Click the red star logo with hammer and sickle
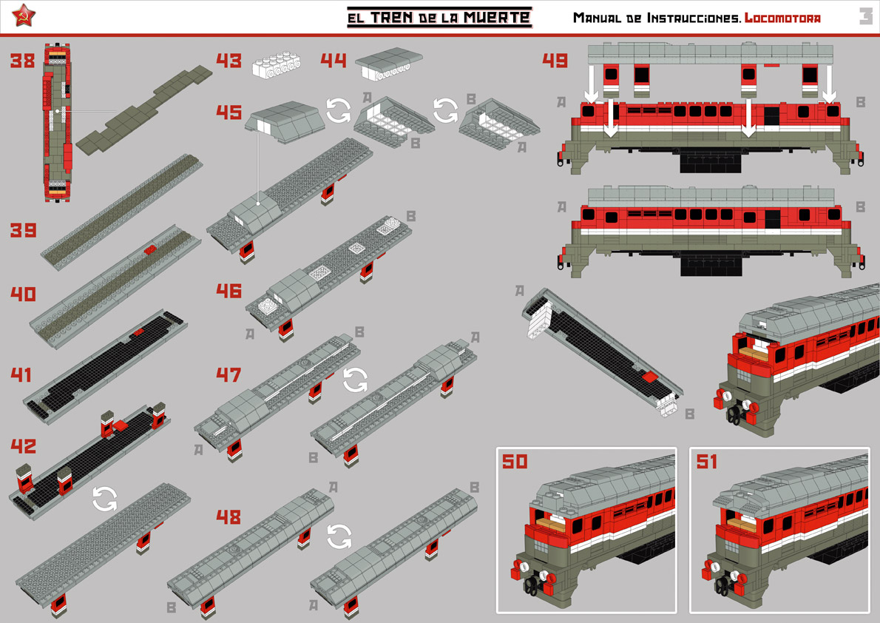pyautogui.click(x=24, y=15)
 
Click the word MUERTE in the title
pyautogui.click(x=497, y=17)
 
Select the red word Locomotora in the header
pyautogui.click(x=782, y=18)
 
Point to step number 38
pyautogui.click(x=22, y=60)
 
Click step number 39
pyautogui.click(x=23, y=230)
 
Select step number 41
pyautogui.click(x=21, y=374)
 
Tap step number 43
pyautogui.click(x=229, y=60)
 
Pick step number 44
pyautogui.click(x=334, y=60)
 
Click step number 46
pyautogui.click(x=229, y=291)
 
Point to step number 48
pyautogui.click(x=229, y=517)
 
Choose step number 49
pyautogui.click(x=555, y=60)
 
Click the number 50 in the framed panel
pyautogui.click(x=515, y=461)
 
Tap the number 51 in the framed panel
pyautogui.click(x=706, y=461)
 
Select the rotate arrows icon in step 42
pyautogui.click(x=105, y=499)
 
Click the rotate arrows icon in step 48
pyautogui.click(x=339, y=536)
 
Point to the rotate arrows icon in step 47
pyautogui.click(x=355, y=380)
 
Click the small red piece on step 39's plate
pyautogui.click(x=149, y=250)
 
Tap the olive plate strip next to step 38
pyautogui.click(x=144, y=110)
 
